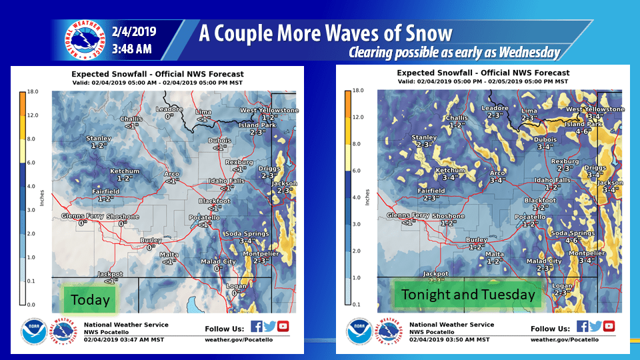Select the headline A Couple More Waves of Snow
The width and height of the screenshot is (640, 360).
click(325, 33)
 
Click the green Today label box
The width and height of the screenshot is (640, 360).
click(90, 299)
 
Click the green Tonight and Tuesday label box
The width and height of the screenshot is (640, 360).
click(468, 294)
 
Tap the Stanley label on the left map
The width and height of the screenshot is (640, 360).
click(99, 139)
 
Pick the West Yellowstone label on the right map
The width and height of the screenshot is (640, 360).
click(595, 109)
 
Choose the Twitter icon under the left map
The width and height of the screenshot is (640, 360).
click(270, 327)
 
